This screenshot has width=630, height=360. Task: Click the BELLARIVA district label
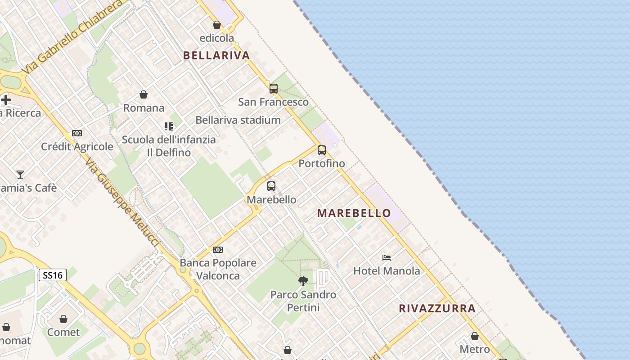coord(216,55)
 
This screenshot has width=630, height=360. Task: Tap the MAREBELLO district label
coord(354,213)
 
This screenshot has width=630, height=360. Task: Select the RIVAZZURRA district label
coord(437,308)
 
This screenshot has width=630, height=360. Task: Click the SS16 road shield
coord(53,275)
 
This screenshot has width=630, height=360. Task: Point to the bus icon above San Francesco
coord(274,89)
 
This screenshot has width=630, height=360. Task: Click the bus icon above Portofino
coord(322,150)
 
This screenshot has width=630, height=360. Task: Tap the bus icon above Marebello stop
coord(271,186)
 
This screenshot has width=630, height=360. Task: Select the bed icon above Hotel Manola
coord(387,258)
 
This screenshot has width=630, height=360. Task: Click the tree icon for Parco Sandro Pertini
coord(303,281)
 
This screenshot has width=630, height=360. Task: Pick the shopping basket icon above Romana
coord(144,94)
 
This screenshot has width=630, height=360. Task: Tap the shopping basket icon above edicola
coord(217,25)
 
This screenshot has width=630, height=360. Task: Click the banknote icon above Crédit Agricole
coord(77,133)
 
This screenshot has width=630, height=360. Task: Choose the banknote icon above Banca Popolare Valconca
coord(218,250)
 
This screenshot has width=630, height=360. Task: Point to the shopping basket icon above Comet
coord(63,319)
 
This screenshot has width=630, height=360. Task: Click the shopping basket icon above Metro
coord(475,336)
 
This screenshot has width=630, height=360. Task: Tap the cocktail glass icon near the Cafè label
coord(20,174)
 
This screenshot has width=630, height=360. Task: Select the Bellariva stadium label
coord(238,120)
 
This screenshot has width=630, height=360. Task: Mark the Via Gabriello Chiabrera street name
coord(72,36)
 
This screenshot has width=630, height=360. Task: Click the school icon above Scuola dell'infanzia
coord(169,126)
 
